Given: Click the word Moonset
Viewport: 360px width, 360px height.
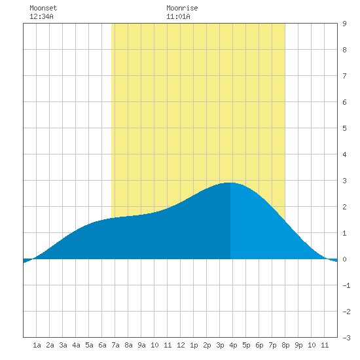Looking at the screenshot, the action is [43, 8].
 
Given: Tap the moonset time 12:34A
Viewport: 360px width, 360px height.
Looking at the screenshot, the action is [41, 16].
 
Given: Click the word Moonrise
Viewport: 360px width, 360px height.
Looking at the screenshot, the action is [182, 8].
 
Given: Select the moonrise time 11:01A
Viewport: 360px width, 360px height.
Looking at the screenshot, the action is [178, 16].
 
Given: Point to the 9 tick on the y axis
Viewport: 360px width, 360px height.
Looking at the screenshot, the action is [344, 24].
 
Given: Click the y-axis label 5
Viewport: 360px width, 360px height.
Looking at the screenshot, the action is [344, 128].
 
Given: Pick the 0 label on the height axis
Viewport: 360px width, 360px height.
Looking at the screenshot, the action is [344, 259].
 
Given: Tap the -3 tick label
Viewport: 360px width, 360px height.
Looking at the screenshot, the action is [346, 338].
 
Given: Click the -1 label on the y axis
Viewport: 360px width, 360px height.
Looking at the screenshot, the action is [346, 285].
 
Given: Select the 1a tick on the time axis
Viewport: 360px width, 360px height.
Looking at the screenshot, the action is [37, 345].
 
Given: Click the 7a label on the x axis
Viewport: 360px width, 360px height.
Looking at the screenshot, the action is [115, 345].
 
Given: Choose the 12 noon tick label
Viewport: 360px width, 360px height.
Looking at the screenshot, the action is [181, 345].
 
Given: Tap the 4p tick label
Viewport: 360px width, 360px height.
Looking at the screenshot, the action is [233, 345].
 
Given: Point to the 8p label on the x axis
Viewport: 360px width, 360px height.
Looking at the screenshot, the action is [285, 345].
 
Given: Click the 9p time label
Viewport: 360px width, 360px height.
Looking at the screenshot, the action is [298, 345].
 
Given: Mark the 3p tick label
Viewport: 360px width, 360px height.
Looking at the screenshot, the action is [220, 345].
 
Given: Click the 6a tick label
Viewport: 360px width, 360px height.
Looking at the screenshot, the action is [102, 345].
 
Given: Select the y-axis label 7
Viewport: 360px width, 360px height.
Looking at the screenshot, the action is [344, 76].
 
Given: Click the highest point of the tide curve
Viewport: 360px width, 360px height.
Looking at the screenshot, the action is [230, 183].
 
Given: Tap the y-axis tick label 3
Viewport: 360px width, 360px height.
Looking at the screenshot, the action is [344, 181].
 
